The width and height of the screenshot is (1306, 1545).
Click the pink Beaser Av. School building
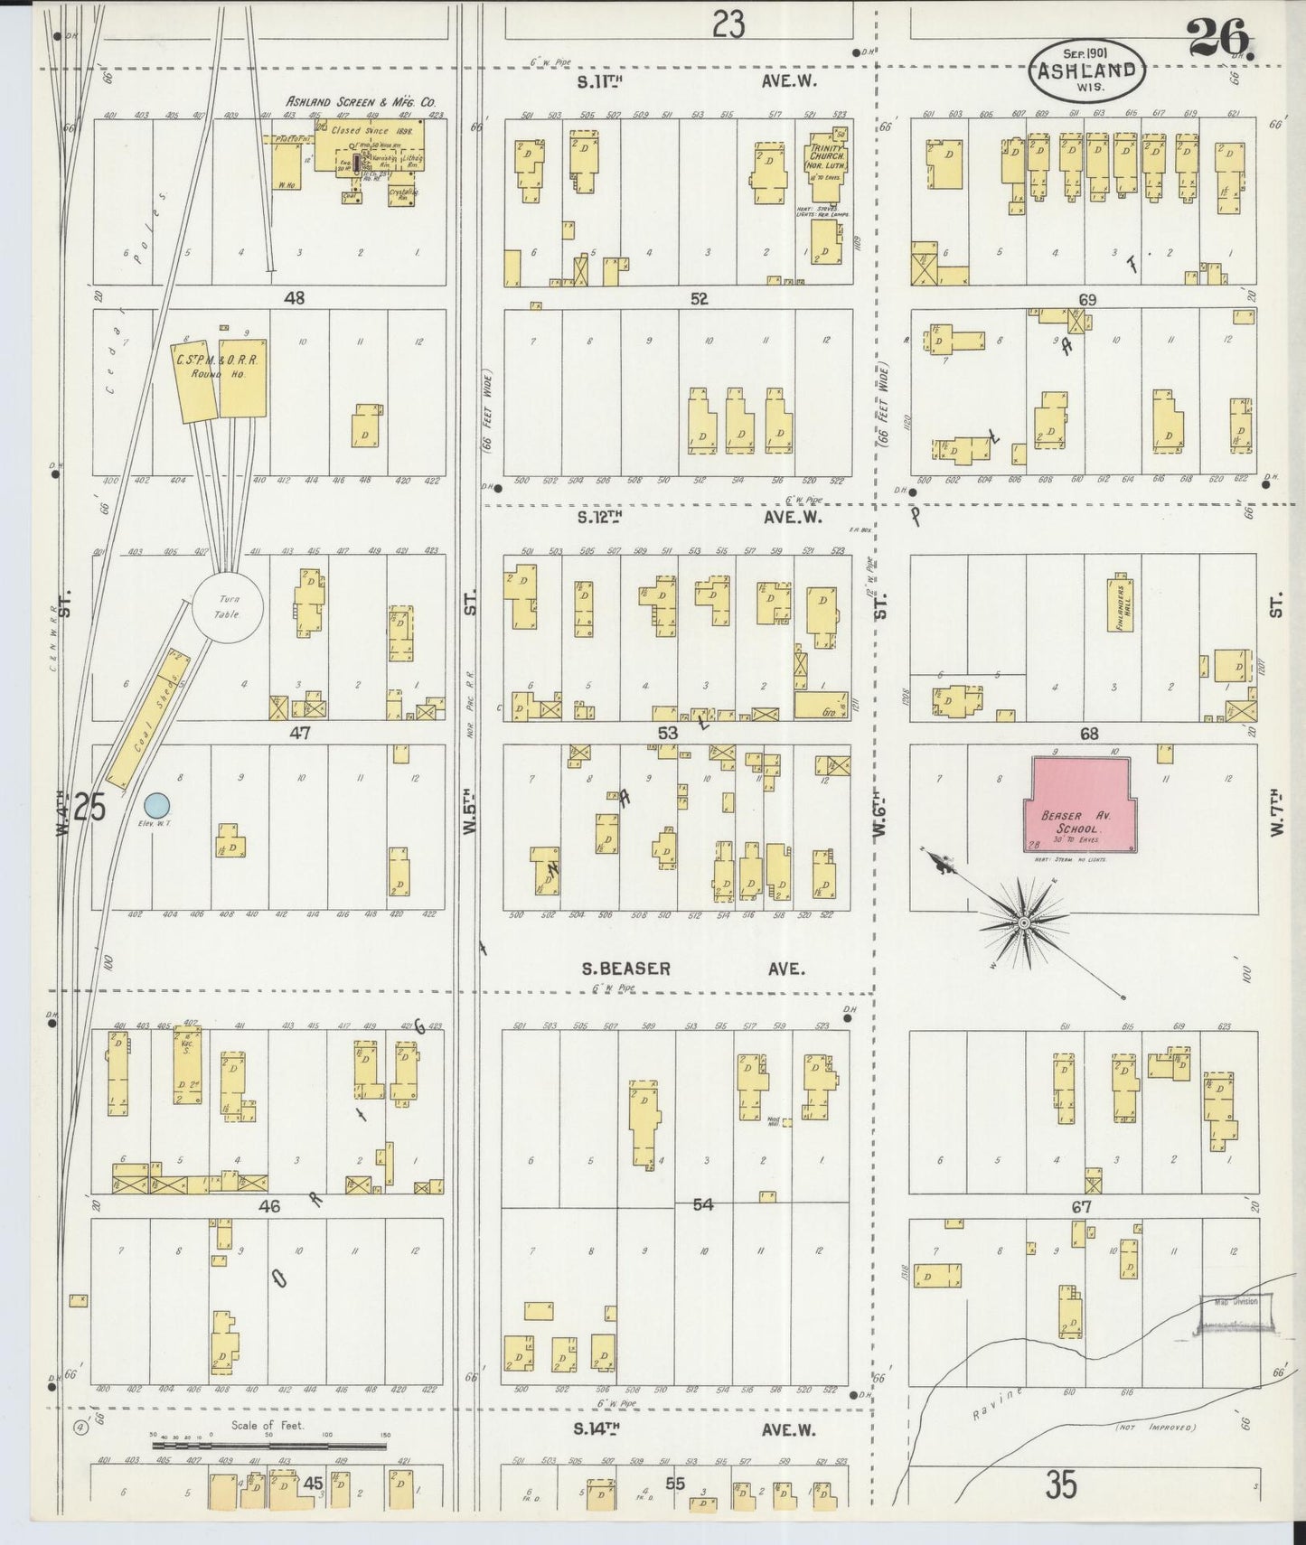(x=1080, y=804)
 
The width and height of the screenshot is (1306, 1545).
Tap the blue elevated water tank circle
(x=157, y=804)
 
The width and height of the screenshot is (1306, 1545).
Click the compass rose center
(x=1023, y=923)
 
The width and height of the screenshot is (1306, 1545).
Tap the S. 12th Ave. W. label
(x=696, y=518)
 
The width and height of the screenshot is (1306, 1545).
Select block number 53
(x=667, y=733)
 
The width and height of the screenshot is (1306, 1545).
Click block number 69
(x=1086, y=299)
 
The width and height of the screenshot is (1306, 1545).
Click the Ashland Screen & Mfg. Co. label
(x=361, y=102)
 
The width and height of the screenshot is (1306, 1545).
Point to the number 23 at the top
(x=728, y=24)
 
